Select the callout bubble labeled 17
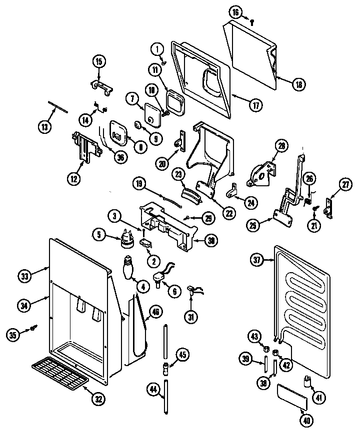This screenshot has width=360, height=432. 255,105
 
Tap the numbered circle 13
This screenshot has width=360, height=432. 44,127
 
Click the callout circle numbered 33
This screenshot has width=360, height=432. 24,275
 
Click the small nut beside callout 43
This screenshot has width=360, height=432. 267,348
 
